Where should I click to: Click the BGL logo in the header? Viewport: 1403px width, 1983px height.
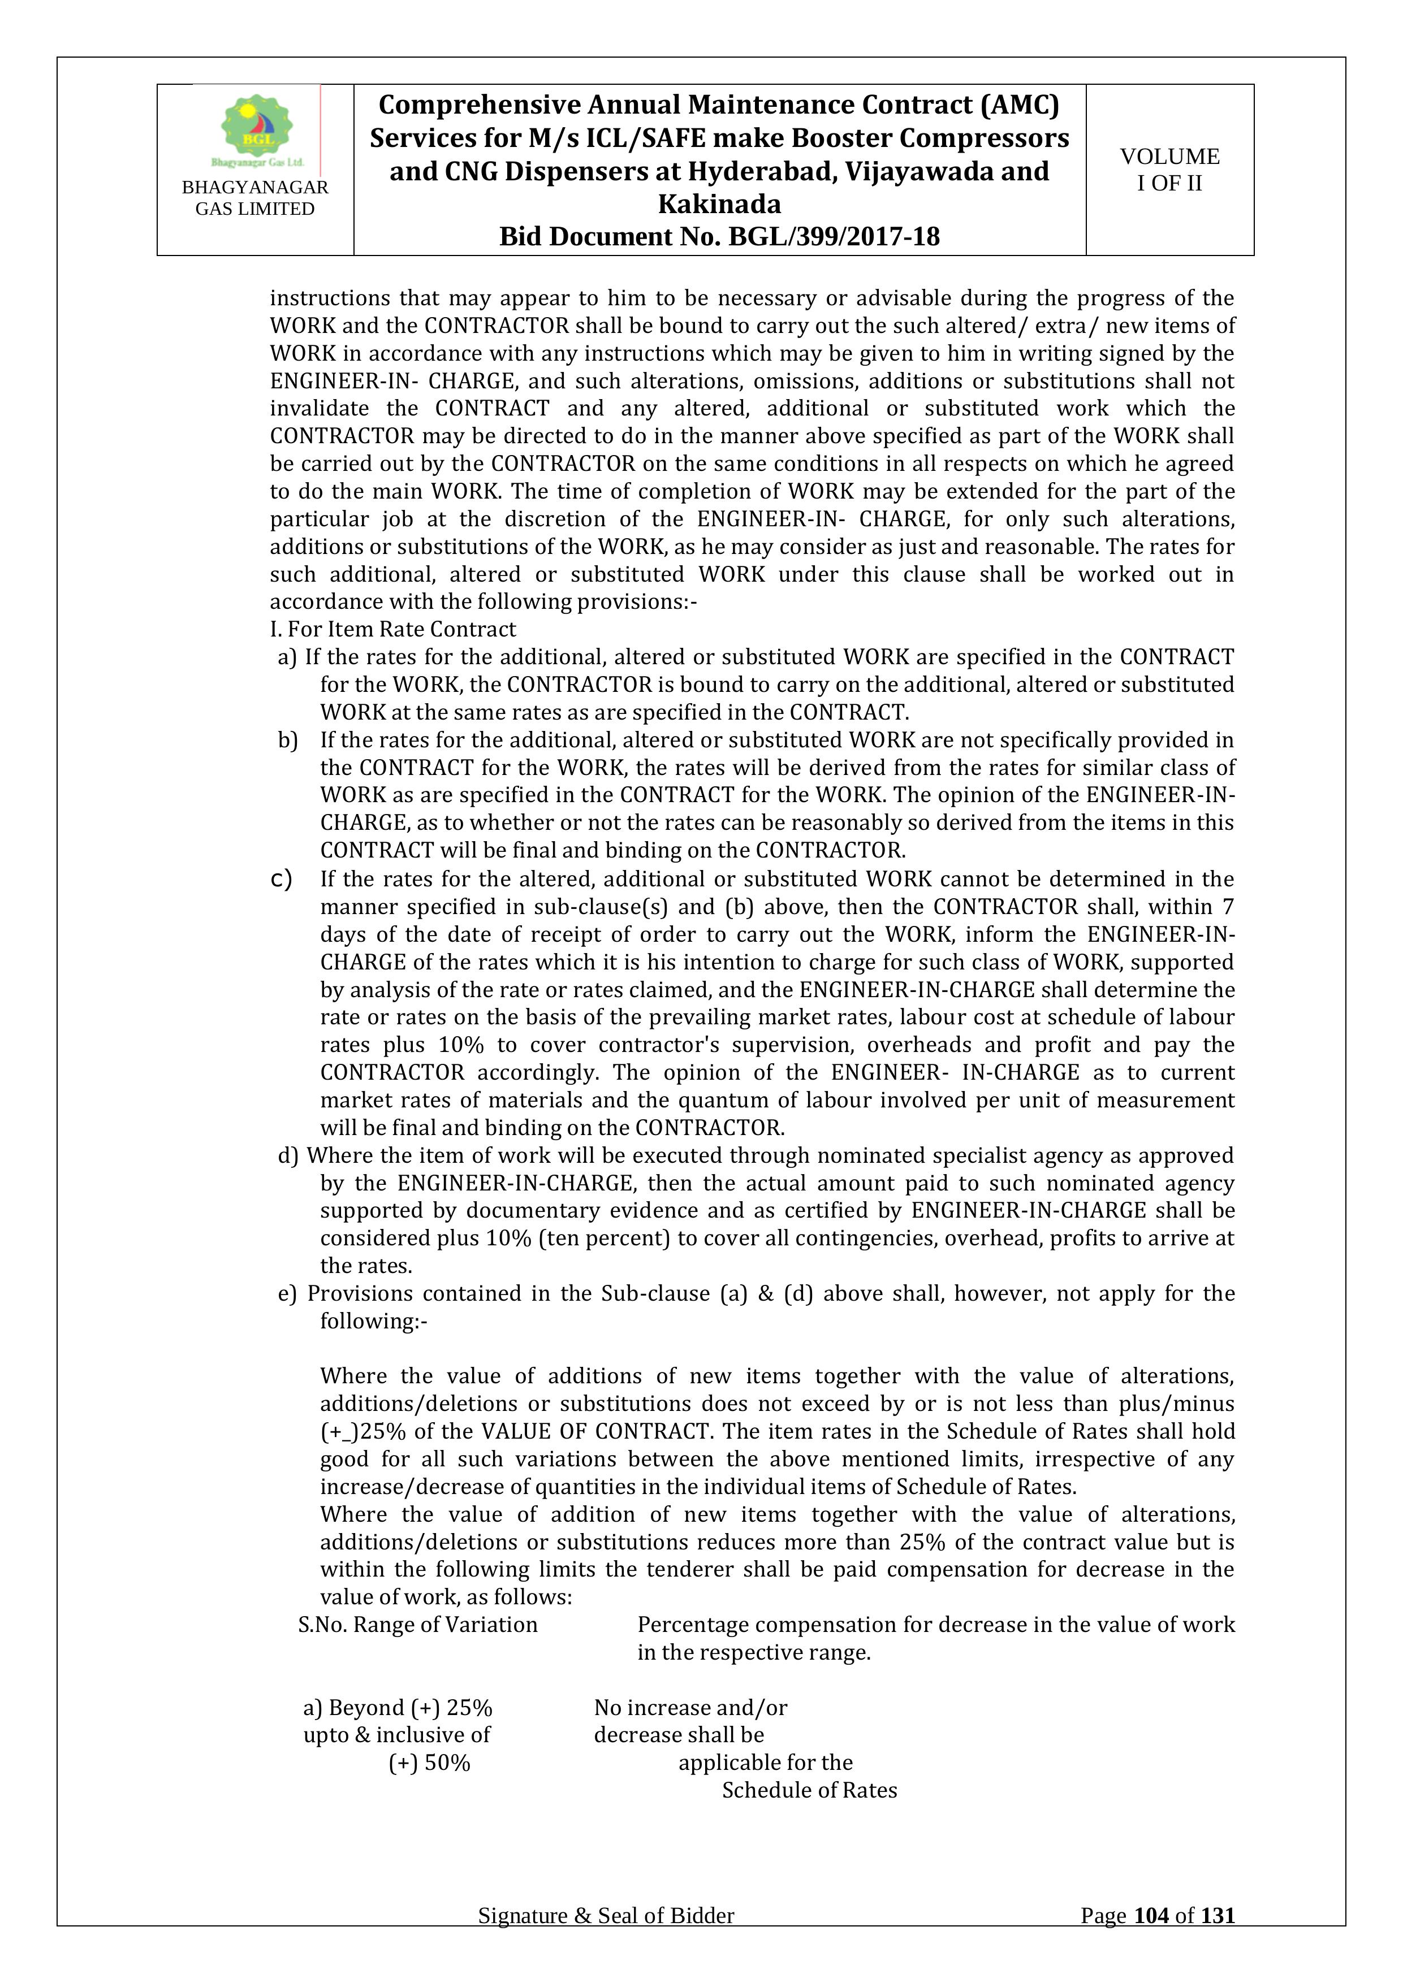[257, 129]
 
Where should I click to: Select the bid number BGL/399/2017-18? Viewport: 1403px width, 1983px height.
[834, 237]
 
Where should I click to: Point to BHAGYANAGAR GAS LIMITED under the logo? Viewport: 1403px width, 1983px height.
[255, 198]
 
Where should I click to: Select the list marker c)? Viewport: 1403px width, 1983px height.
[281, 879]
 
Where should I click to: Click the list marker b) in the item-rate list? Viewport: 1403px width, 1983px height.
[287, 740]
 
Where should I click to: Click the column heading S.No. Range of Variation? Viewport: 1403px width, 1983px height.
[417, 1625]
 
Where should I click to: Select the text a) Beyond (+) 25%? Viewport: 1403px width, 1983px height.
[398, 1708]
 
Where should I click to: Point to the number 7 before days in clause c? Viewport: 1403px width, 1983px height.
[1228, 907]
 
